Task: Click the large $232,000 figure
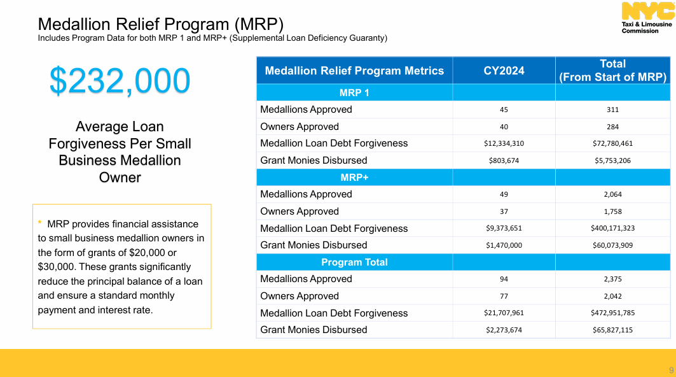click(120, 81)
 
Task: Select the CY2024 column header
click(504, 71)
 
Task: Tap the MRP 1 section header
click(354, 93)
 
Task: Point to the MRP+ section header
click(354, 178)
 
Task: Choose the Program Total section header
click(354, 262)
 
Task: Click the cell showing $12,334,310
click(504, 143)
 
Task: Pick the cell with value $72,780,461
click(612, 143)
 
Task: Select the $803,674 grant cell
click(504, 160)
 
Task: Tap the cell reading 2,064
click(612, 194)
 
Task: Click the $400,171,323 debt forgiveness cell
click(612, 228)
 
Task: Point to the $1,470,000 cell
click(504, 245)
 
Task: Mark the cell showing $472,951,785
click(612, 313)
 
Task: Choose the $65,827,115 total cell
click(612, 330)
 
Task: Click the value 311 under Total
click(612, 110)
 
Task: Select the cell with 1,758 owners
click(612, 211)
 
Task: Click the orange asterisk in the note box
click(40, 223)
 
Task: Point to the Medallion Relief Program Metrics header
click(354, 71)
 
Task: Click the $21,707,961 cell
click(504, 313)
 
